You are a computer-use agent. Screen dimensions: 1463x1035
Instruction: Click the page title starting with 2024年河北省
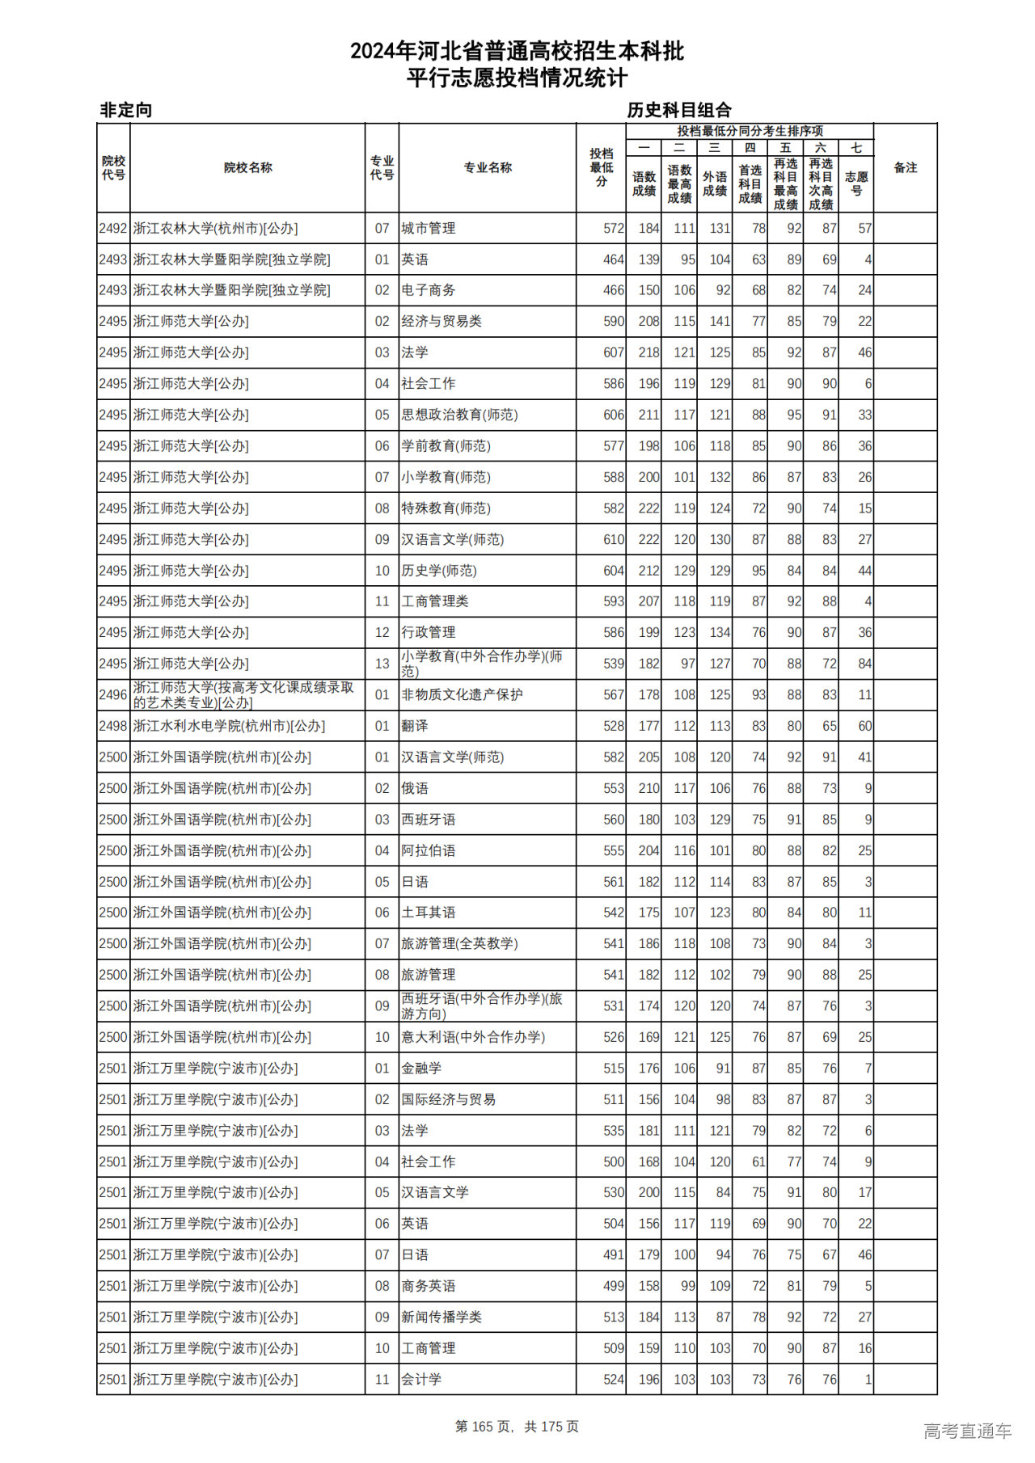(x=517, y=52)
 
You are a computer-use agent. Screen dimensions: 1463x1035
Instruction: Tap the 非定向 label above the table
(x=126, y=110)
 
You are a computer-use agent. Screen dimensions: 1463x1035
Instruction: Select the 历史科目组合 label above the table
(x=679, y=110)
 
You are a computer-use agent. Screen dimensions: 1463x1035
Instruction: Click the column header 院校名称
(x=247, y=168)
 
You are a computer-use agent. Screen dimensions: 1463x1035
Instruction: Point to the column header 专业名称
(x=487, y=168)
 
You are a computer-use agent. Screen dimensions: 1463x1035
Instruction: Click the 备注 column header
(x=905, y=168)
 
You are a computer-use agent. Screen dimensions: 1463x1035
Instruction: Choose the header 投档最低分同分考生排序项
(x=750, y=131)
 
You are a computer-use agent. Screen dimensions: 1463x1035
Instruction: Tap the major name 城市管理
(x=429, y=229)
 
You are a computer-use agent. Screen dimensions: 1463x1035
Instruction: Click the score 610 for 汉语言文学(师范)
(x=613, y=540)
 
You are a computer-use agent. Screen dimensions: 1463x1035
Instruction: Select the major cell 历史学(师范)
(x=439, y=571)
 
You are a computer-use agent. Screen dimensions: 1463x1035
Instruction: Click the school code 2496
(x=113, y=695)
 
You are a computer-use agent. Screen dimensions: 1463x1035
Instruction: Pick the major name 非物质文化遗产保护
(x=462, y=695)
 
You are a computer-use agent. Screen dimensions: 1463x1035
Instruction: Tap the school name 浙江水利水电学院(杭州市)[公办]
(x=229, y=726)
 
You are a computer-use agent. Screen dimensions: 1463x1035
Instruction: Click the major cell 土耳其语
(x=429, y=913)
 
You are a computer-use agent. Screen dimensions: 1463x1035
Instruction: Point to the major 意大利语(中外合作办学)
(x=473, y=1037)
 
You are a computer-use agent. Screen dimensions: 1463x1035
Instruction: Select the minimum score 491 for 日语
(x=613, y=1255)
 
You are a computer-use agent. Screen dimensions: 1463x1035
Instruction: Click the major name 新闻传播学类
(x=441, y=1318)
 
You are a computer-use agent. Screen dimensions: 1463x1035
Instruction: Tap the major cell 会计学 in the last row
(x=421, y=1380)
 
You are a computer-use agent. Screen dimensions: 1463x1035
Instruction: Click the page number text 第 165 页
(x=484, y=1427)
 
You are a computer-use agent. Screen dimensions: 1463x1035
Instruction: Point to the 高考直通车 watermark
(x=967, y=1431)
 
